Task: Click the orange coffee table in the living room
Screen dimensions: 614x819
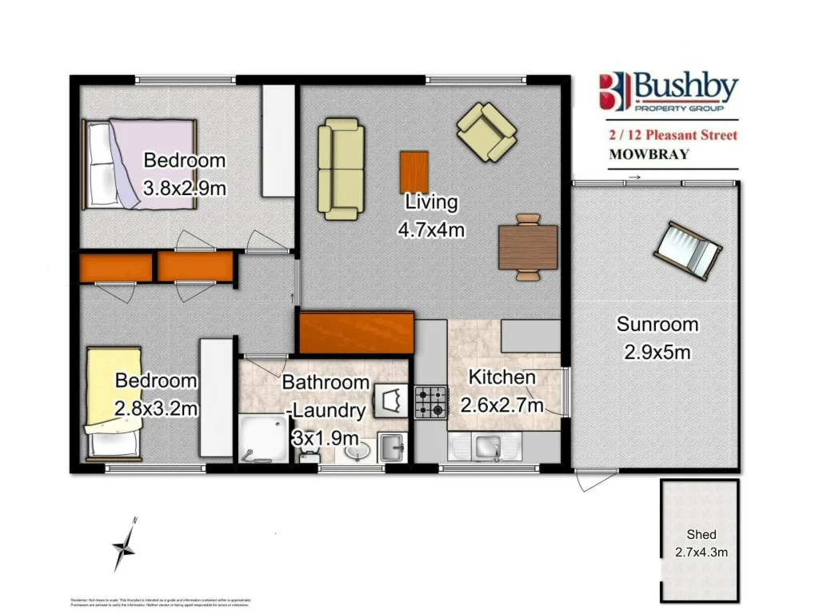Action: (413, 171)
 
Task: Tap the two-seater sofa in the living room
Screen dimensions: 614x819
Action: (341, 169)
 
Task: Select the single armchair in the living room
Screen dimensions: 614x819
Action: (486, 130)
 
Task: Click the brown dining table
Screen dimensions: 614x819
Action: (527, 246)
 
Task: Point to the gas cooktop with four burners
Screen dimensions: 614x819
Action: (431, 401)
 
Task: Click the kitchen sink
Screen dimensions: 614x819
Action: (488, 447)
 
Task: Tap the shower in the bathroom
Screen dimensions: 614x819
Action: (262, 439)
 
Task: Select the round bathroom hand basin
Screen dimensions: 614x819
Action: (357, 453)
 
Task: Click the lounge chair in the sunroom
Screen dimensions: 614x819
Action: (688, 250)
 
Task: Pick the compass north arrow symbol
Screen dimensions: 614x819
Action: (126, 546)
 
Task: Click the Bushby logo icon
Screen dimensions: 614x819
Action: (613, 91)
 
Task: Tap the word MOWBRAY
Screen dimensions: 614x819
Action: (649, 154)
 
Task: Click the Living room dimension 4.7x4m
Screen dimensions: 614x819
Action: (431, 229)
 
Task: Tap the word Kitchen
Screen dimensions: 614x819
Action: (501, 377)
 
